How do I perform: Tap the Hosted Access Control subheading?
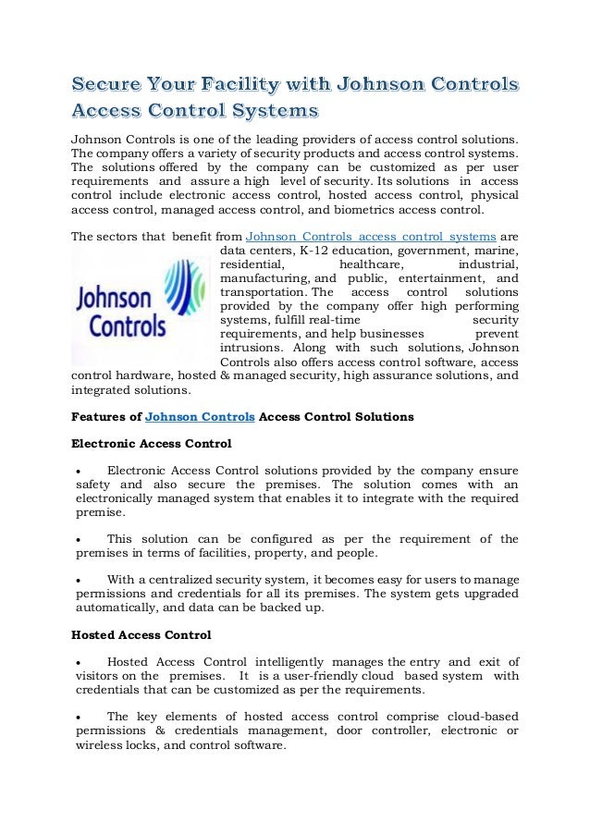[x=141, y=635]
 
